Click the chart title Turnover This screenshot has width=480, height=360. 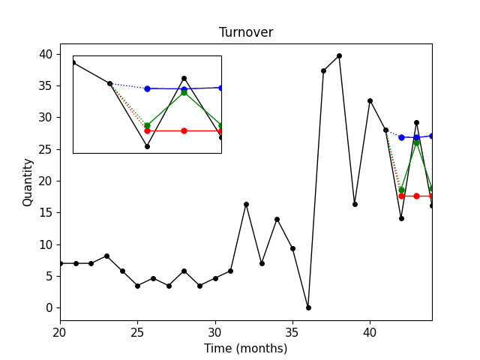click(x=246, y=33)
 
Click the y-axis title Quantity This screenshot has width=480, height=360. click(x=28, y=181)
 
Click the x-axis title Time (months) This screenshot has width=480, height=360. click(x=246, y=348)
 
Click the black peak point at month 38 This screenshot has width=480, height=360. click(x=339, y=55)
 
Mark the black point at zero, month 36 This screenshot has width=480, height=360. click(x=308, y=307)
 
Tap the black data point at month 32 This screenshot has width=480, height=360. click(x=246, y=204)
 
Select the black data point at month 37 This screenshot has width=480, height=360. click(x=323, y=70)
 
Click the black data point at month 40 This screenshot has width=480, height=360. click(x=370, y=100)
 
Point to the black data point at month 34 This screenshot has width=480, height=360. click(x=277, y=219)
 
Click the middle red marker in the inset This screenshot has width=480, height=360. click(x=184, y=130)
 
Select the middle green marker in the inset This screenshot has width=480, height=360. click(x=184, y=91)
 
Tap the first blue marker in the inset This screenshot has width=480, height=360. click(x=147, y=88)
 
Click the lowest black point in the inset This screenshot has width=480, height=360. click(x=147, y=146)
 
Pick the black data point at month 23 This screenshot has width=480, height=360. click(x=106, y=256)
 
